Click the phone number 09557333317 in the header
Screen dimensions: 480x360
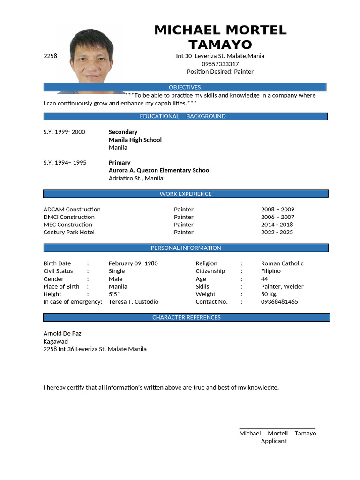220,64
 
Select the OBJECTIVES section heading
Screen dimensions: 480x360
185,87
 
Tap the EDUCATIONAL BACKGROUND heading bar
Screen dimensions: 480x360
185,116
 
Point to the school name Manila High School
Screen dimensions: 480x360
135,140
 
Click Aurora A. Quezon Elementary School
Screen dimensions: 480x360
159,170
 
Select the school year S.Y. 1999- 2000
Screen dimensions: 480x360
64,132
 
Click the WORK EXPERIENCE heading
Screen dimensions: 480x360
186,194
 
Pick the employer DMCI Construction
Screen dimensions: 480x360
69,217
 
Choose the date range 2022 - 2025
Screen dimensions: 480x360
277,232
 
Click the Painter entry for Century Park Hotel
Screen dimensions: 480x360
183,232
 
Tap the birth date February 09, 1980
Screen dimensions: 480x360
133,263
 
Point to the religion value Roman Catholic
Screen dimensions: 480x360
282,263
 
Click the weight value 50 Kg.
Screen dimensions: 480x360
269,294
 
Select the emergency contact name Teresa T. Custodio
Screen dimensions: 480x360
134,302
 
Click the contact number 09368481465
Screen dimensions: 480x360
279,302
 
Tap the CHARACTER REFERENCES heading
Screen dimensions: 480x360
186,317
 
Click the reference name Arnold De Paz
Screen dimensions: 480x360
62,333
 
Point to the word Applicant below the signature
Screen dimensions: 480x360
274,441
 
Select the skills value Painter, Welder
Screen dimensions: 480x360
282,286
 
